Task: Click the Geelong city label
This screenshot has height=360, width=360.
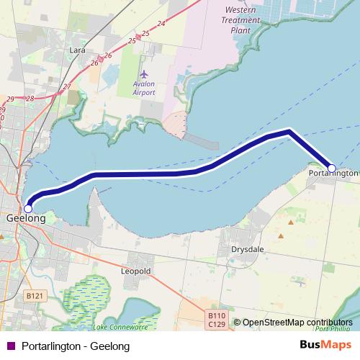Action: [26, 217]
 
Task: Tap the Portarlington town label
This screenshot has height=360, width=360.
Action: [333, 174]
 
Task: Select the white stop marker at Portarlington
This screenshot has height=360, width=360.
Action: [332, 168]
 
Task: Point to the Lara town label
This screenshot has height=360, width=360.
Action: [77, 50]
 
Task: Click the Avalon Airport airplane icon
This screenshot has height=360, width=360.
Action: [144, 74]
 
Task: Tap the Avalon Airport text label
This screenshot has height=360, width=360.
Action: [144, 88]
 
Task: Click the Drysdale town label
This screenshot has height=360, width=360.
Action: [246, 250]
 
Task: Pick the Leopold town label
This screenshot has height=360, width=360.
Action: [136, 271]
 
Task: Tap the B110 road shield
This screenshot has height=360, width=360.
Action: [216, 316]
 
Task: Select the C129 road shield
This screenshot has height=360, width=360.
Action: [216, 326]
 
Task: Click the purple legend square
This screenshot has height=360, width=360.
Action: [10, 346]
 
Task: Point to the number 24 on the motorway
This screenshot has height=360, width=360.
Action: [161, 24]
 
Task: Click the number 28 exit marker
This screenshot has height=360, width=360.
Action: [30, 98]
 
